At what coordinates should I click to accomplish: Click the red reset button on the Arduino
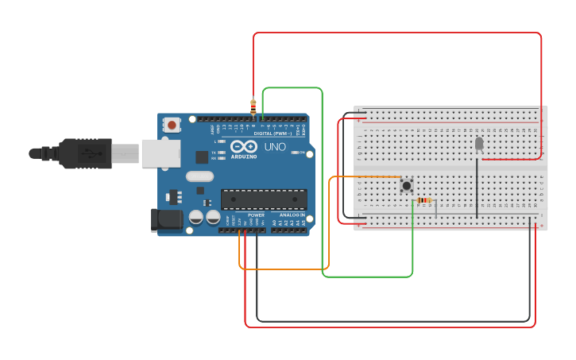coord(172,124)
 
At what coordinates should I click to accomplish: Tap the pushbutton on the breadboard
coord(407,186)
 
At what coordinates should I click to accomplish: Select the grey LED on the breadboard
coord(478,143)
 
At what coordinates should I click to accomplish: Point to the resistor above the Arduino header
coord(253,106)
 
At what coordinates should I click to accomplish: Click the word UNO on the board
coord(275,147)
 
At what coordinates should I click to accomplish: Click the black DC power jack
coord(165,220)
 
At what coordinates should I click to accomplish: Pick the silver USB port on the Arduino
coord(160,153)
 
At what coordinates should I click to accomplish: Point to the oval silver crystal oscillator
coord(200,176)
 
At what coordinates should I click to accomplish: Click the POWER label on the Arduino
coord(256,215)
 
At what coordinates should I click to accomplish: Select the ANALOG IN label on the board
coord(291,215)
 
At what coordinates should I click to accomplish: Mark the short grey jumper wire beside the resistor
coord(435,209)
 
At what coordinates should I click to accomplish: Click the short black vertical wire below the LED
coord(477,187)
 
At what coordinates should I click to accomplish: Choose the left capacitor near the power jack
coord(196,216)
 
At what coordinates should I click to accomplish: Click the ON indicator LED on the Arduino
coord(296,152)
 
